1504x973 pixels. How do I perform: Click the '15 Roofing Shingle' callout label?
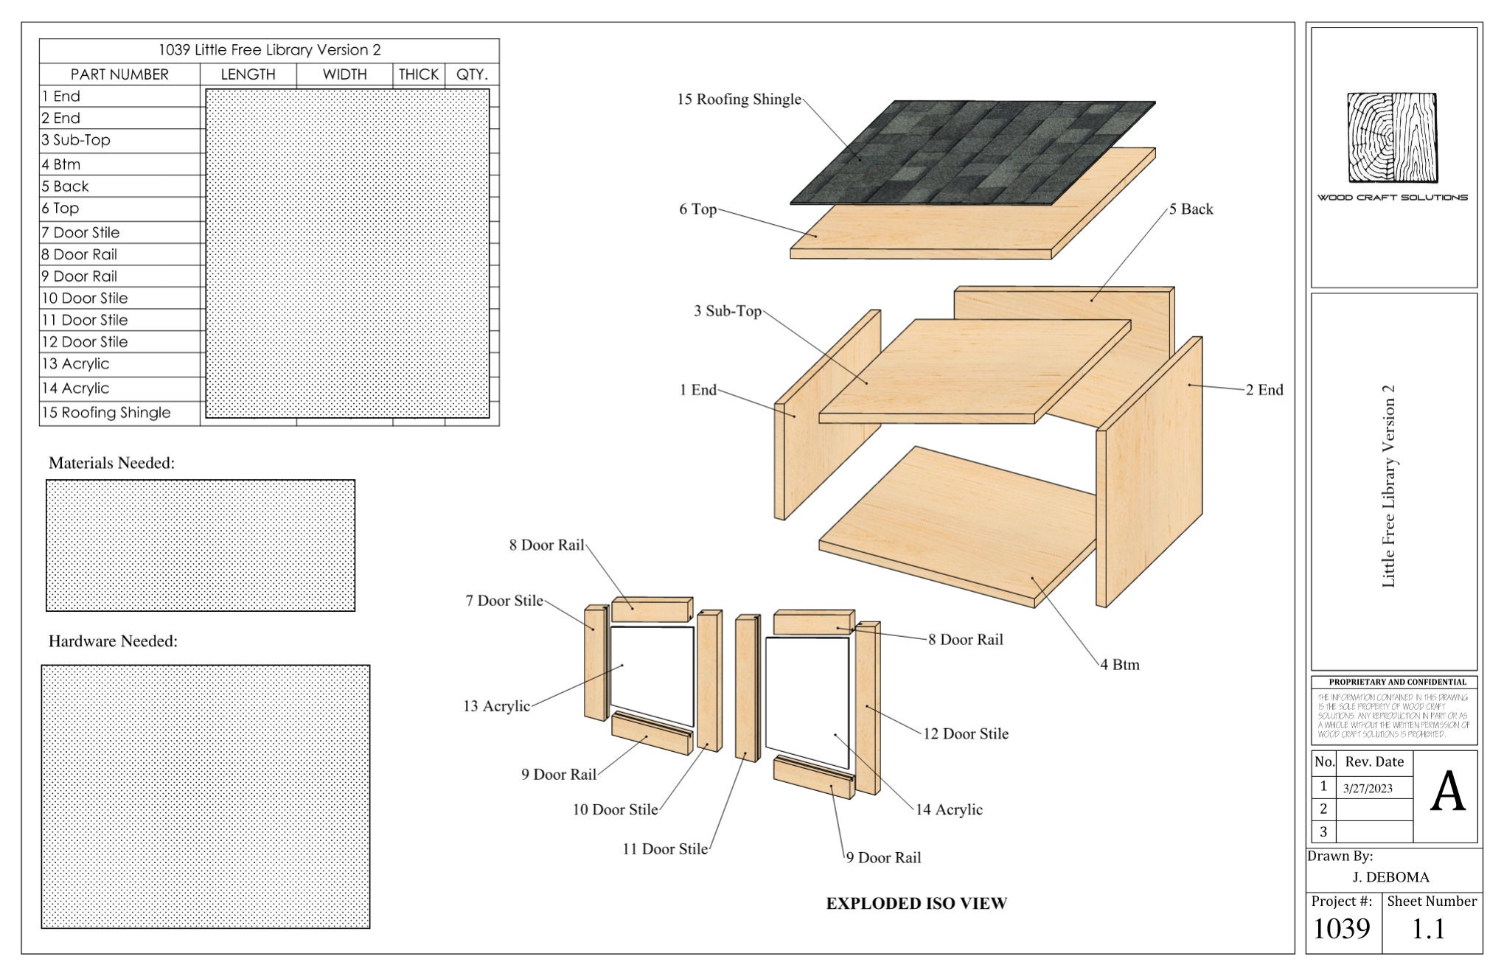[x=739, y=100]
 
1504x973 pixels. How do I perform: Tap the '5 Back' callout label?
[x=1191, y=209]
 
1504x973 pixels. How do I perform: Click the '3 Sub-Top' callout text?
[x=727, y=311]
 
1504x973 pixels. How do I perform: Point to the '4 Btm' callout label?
[x=1120, y=665]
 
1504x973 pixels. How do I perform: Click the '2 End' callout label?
[x=1264, y=390]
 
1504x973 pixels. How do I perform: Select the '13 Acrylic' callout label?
[x=496, y=706]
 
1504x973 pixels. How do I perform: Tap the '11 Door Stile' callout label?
[x=664, y=849]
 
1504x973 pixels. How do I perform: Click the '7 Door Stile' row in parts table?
[x=80, y=233]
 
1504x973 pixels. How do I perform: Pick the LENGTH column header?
[x=248, y=74]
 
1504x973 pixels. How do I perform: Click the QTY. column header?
[x=472, y=74]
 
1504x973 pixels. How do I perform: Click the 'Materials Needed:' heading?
[x=111, y=463]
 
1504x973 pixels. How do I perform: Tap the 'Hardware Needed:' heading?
[x=113, y=641]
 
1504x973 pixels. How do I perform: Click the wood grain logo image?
[x=1393, y=138]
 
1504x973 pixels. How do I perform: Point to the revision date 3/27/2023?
[x=1368, y=789]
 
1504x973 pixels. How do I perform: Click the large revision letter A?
[x=1447, y=793]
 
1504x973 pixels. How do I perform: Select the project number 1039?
[x=1341, y=929]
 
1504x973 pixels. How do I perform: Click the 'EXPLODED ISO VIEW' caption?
[x=916, y=904]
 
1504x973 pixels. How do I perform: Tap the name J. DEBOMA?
[x=1390, y=877]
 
